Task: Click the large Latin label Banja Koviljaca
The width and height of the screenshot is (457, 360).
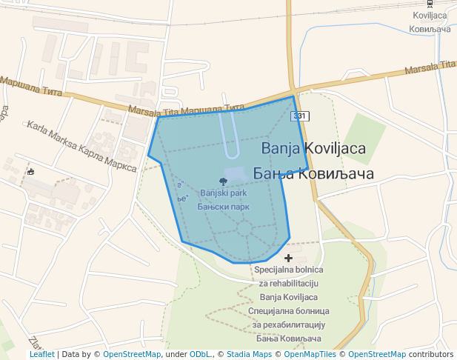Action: [x=313, y=148]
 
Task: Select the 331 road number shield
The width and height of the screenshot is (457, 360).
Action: [x=298, y=116]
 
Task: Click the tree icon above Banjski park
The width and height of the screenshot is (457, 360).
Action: [x=224, y=181]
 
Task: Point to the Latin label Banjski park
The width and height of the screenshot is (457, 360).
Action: [x=223, y=193]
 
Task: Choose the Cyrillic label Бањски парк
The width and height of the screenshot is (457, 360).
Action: [x=223, y=207]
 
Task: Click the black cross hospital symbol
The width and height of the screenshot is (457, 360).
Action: [x=288, y=258]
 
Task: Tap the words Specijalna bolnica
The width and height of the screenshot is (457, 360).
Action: [x=288, y=270]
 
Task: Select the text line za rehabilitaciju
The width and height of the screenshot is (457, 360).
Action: [x=288, y=284]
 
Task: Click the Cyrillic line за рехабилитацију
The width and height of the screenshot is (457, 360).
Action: [x=288, y=324]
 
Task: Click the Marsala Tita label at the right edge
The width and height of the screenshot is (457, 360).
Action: [x=430, y=68]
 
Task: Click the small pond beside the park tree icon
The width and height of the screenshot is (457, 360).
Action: [x=235, y=174]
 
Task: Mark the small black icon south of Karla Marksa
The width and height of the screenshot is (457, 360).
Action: [x=30, y=171]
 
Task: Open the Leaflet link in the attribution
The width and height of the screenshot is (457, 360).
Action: [x=41, y=354]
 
